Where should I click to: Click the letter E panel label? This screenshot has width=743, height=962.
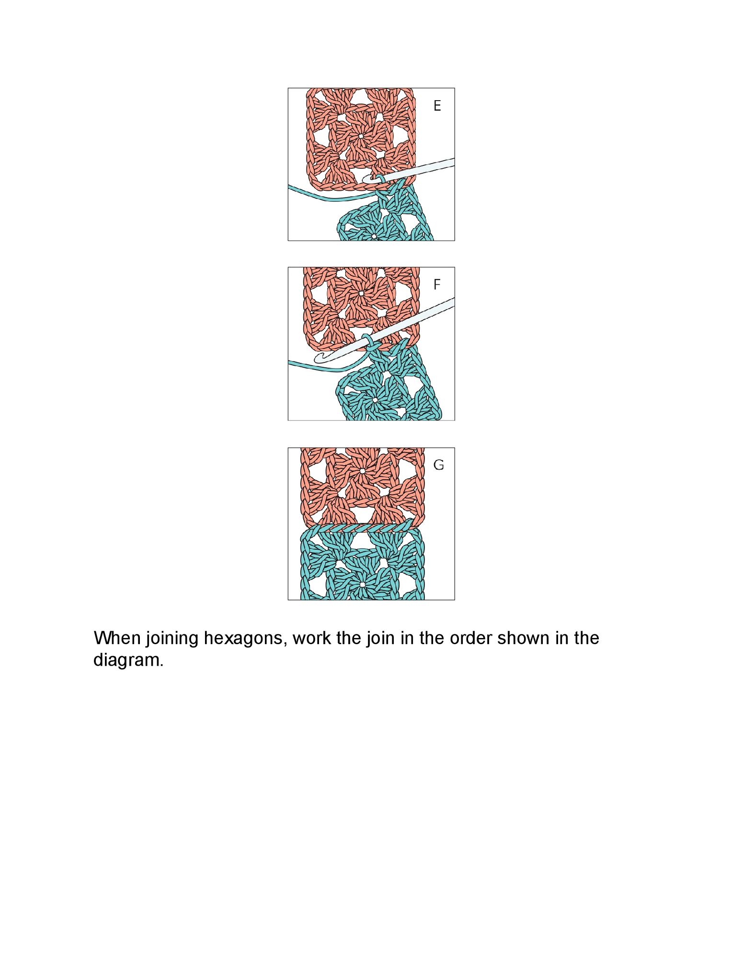pyautogui.click(x=437, y=106)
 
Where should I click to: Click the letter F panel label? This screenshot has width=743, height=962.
pyautogui.click(x=436, y=285)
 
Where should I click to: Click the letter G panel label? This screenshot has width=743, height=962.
pyautogui.click(x=438, y=465)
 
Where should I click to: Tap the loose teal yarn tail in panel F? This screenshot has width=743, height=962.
pyautogui.click(x=326, y=367)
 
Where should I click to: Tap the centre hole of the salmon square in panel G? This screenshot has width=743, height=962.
pyautogui.click(x=362, y=471)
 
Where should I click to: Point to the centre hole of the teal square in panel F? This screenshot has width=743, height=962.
pyautogui.click(x=375, y=400)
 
